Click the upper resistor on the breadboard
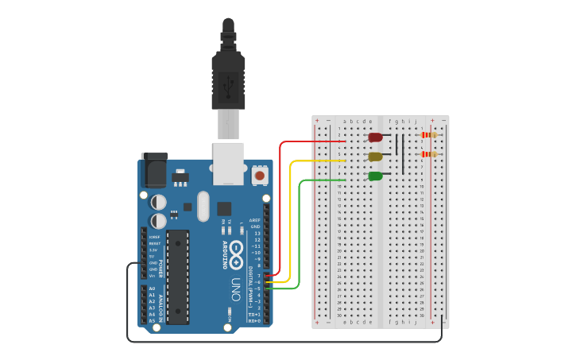(x=429, y=135)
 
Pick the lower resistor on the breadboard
(x=429, y=154)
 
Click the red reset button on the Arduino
(x=259, y=174)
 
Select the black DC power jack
(x=153, y=171)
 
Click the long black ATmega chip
(x=178, y=277)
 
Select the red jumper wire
(x=280, y=207)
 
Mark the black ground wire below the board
(x=278, y=342)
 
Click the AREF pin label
(x=255, y=220)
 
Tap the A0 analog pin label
(x=152, y=288)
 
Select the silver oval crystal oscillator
(x=203, y=206)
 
